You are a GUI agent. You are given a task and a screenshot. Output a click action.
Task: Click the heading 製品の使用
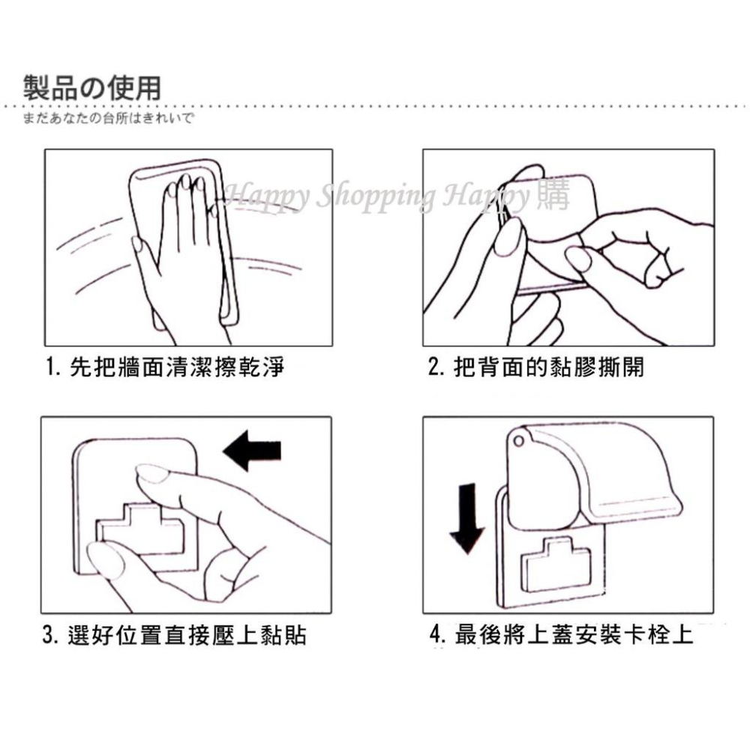tap(91, 88)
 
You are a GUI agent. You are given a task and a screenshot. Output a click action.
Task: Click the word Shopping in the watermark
tap(373, 196)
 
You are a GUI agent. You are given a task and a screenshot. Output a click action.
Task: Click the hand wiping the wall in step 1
tap(184, 255)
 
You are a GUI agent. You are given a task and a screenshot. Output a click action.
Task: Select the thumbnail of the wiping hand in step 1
tap(137, 244)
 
